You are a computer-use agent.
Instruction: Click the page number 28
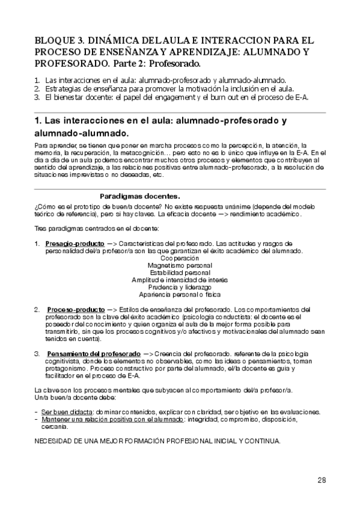(322, 480)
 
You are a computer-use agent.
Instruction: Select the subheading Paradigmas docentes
(139, 196)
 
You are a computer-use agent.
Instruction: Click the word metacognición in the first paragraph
(133, 153)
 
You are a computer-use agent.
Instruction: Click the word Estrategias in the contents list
(60, 88)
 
